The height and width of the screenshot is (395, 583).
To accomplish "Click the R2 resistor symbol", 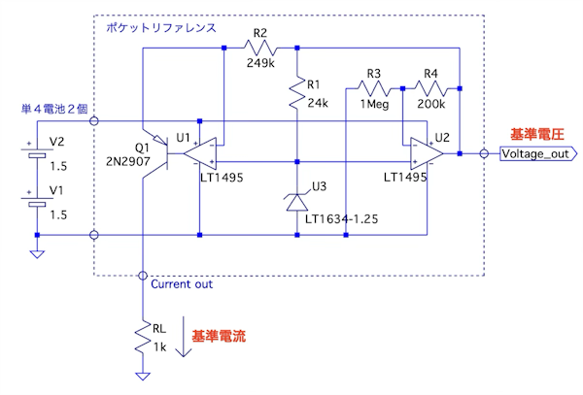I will coord(261,49).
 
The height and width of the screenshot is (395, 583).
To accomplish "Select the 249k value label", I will coord(259,64).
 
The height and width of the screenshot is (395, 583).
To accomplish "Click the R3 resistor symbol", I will coord(374,87).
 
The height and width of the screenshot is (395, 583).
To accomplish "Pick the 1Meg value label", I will coord(375,104).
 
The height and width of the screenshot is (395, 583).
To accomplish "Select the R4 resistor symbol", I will coord(429,87).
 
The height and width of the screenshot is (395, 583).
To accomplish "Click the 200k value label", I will coord(429,104).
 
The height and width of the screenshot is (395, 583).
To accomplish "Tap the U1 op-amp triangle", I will coord(200,153).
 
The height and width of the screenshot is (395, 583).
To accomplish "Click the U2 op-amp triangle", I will coord(425,153).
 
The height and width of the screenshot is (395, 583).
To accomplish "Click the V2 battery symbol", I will coord(36,151).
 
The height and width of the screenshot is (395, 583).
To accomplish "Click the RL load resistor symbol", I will coord(143,337).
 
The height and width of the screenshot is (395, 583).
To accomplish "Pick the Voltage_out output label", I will coord(536,153).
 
